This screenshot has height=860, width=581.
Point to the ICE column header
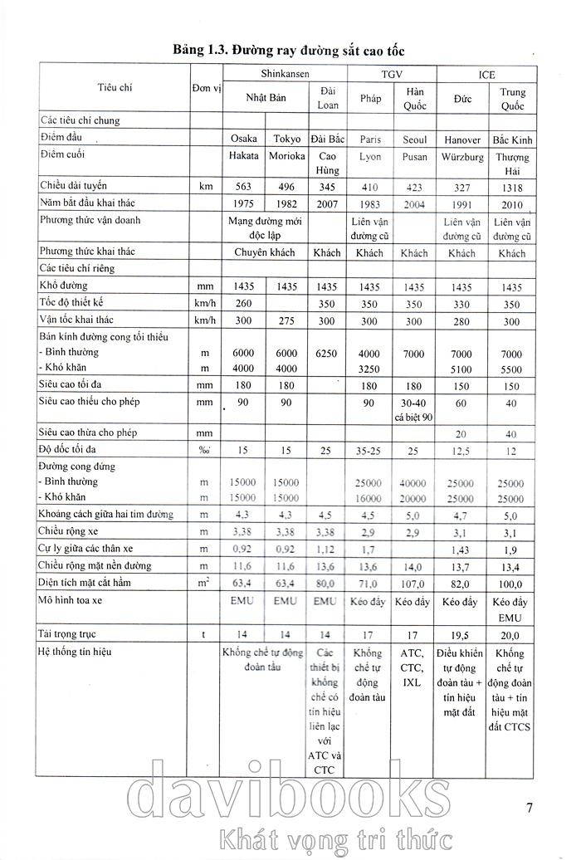[x=486, y=75]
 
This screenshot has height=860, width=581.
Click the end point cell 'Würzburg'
[x=463, y=156]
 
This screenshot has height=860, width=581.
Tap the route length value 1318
[x=513, y=187]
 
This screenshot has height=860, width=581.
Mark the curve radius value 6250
[x=326, y=353]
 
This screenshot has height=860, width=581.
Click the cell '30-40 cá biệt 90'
[x=414, y=409]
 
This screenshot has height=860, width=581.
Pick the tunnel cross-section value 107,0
[x=414, y=585]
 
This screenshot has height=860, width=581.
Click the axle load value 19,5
[x=463, y=633]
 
